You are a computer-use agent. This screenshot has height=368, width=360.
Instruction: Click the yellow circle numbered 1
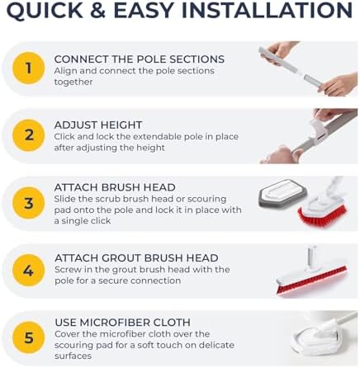point(28,68)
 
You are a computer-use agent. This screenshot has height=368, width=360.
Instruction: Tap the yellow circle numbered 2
point(28,134)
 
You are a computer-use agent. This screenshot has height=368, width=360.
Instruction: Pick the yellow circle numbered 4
point(28,269)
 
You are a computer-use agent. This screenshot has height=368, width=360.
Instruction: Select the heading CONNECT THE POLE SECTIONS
point(139,59)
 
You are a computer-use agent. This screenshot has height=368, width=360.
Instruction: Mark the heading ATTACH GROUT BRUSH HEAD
point(135,257)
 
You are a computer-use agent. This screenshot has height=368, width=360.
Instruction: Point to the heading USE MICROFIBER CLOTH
point(121,322)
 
